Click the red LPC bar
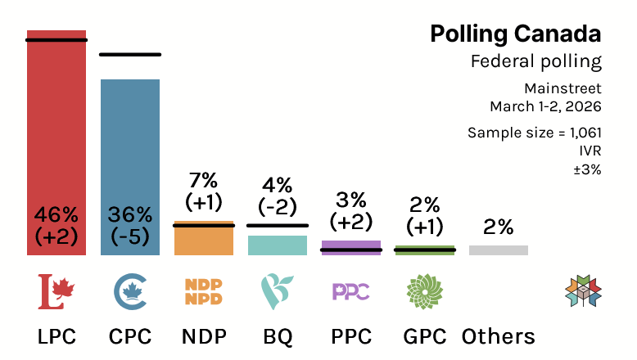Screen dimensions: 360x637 pos(56,123)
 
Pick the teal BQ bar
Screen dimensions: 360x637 pos(278,245)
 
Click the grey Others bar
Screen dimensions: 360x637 pos(499,250)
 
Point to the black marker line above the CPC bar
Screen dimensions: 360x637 pos(130,55)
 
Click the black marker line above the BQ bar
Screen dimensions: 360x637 pos(278,225)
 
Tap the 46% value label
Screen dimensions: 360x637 pos(56,215)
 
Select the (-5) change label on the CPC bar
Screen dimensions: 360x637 pos(130,236)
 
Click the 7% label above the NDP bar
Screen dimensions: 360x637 pos(204,179)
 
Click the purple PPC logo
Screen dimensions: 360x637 pos(351,291)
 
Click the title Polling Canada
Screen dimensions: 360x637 pos(515,34)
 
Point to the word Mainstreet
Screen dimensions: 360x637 pos(564,88)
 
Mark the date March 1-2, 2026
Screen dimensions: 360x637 pos(545,106)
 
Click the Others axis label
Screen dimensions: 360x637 pos(499,336)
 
